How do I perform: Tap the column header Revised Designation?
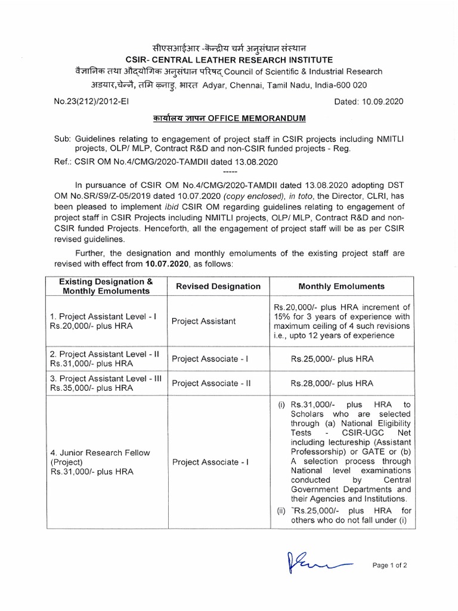coord(216,286)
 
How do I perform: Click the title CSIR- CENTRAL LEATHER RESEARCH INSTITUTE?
coord(229,59)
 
